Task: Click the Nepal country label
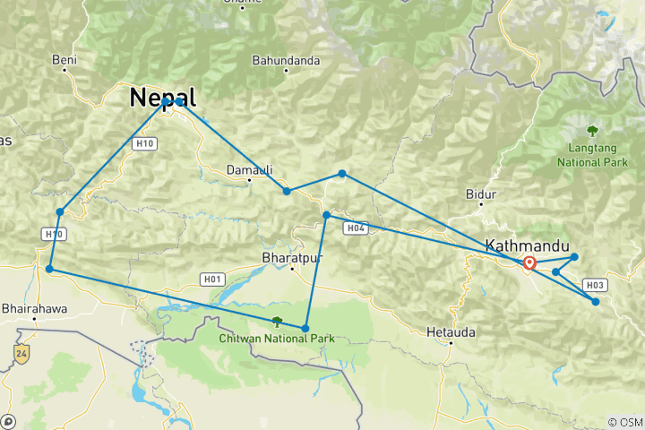(163, 96)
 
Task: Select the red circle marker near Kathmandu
(529, 263)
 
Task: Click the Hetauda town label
(451, 331)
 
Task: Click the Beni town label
(64, 60)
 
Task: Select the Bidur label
(481, 194)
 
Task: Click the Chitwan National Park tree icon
(277, 322)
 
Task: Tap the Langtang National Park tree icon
(591, 130)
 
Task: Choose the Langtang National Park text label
(592, 156)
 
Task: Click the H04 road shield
(356, 229)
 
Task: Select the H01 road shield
(212, 279)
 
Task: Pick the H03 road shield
(596, 285)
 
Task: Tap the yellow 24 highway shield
(21, 354)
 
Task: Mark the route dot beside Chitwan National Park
(305, 328)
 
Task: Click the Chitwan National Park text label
(277, 339)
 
